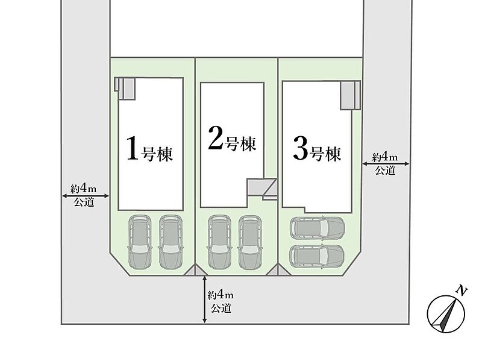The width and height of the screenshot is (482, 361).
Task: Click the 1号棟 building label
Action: [149, 149]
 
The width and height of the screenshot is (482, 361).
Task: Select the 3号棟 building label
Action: [318, 149]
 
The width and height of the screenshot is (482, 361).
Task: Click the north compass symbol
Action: [445, 313]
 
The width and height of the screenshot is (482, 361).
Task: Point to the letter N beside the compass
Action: [461, 290]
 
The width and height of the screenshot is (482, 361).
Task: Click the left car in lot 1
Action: [140, 242]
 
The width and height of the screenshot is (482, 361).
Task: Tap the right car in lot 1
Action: [171, 242]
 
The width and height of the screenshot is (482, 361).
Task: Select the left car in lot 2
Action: [219, 242]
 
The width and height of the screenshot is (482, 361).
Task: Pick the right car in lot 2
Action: [250, 242]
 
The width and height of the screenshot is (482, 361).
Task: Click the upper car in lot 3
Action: [317, 228]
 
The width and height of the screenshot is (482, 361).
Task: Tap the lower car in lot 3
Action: [317, 257]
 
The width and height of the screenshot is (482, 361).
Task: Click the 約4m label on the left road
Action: [83, 188]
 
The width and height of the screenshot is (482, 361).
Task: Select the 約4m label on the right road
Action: [384, 157]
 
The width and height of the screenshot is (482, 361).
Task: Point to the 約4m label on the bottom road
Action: [221, 295]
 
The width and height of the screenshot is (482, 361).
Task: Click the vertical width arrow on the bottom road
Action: [205, 300]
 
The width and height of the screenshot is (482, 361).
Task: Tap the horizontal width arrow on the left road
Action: [86, 196]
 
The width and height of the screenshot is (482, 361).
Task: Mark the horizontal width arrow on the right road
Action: [386, 164]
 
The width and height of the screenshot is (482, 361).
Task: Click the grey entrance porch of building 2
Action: [262, 187]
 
